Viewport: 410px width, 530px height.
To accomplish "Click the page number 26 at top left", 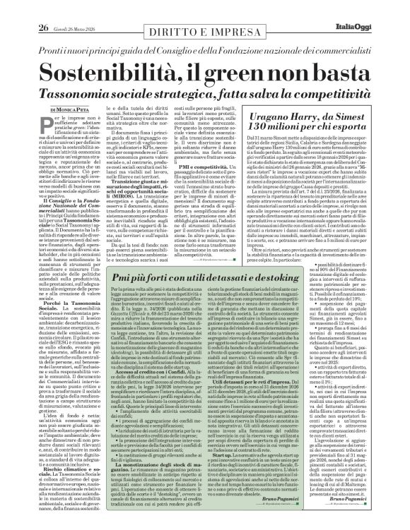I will point(23,9).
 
